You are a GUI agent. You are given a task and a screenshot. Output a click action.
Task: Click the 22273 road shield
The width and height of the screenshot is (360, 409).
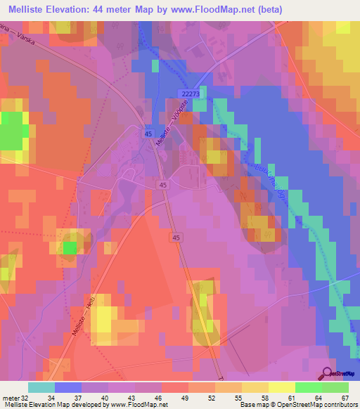point(191,92)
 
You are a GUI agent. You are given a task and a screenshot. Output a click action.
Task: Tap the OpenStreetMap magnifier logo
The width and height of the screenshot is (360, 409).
point(328,373)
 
